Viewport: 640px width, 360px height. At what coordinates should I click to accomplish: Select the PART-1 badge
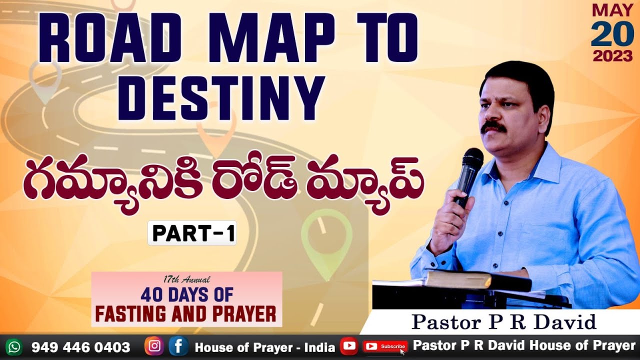(192, 234)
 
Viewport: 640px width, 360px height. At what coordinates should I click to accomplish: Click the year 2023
(612, 56)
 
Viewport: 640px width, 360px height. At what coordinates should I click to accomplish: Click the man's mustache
(493, 126)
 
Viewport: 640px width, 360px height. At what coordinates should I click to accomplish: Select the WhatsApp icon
(13, 346)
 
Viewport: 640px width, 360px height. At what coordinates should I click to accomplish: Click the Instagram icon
(154, 346)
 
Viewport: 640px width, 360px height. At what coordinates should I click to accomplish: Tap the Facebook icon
(178, 346)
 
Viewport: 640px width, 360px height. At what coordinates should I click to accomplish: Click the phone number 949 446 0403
(80, 347)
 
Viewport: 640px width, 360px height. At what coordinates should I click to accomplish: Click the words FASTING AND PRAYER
(186, 314)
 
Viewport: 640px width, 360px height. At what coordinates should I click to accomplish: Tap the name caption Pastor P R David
(503, 322)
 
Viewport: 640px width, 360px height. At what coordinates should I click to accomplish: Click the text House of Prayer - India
(264, 347)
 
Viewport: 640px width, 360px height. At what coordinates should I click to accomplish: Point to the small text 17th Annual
(186, 279)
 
